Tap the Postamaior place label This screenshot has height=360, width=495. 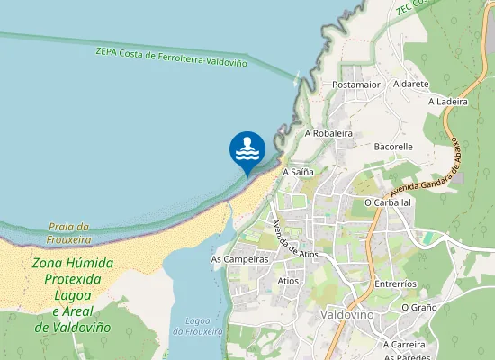coord(357,85)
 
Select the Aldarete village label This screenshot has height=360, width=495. coord(411,84)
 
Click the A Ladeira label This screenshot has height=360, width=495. coord(448,102)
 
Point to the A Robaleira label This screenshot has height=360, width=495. coord(328,132)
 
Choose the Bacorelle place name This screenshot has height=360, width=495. coord(393,146)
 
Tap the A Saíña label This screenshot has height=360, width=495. coord(298,171)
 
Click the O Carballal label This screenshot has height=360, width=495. coord(388,202)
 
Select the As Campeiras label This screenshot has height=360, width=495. coord(239,259)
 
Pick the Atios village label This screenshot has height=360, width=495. coord(289,281)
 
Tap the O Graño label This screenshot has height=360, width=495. coord(418,307)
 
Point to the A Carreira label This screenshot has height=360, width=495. coord(404,344)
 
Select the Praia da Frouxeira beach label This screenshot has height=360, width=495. coord(70,233)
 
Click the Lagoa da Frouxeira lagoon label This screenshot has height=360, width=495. coord(197,326)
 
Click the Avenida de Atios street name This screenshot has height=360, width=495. coord(295,238)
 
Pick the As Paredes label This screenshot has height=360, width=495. coord(407,356)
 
